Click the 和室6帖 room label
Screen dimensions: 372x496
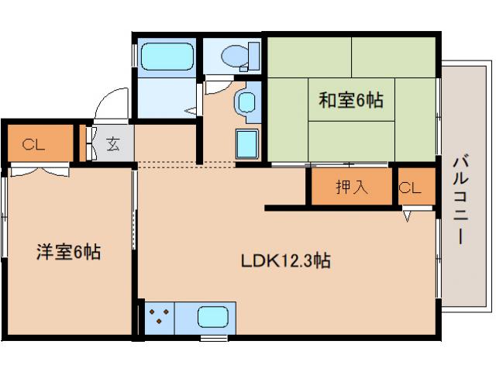351,100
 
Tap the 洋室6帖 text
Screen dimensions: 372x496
69,251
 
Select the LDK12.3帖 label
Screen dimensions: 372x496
284,261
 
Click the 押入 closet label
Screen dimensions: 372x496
351,187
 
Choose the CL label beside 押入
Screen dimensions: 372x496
410,187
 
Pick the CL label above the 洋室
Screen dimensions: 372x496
33,143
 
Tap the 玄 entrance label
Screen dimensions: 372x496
113,143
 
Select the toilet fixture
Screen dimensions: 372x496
233,55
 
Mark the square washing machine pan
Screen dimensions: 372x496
247,145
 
